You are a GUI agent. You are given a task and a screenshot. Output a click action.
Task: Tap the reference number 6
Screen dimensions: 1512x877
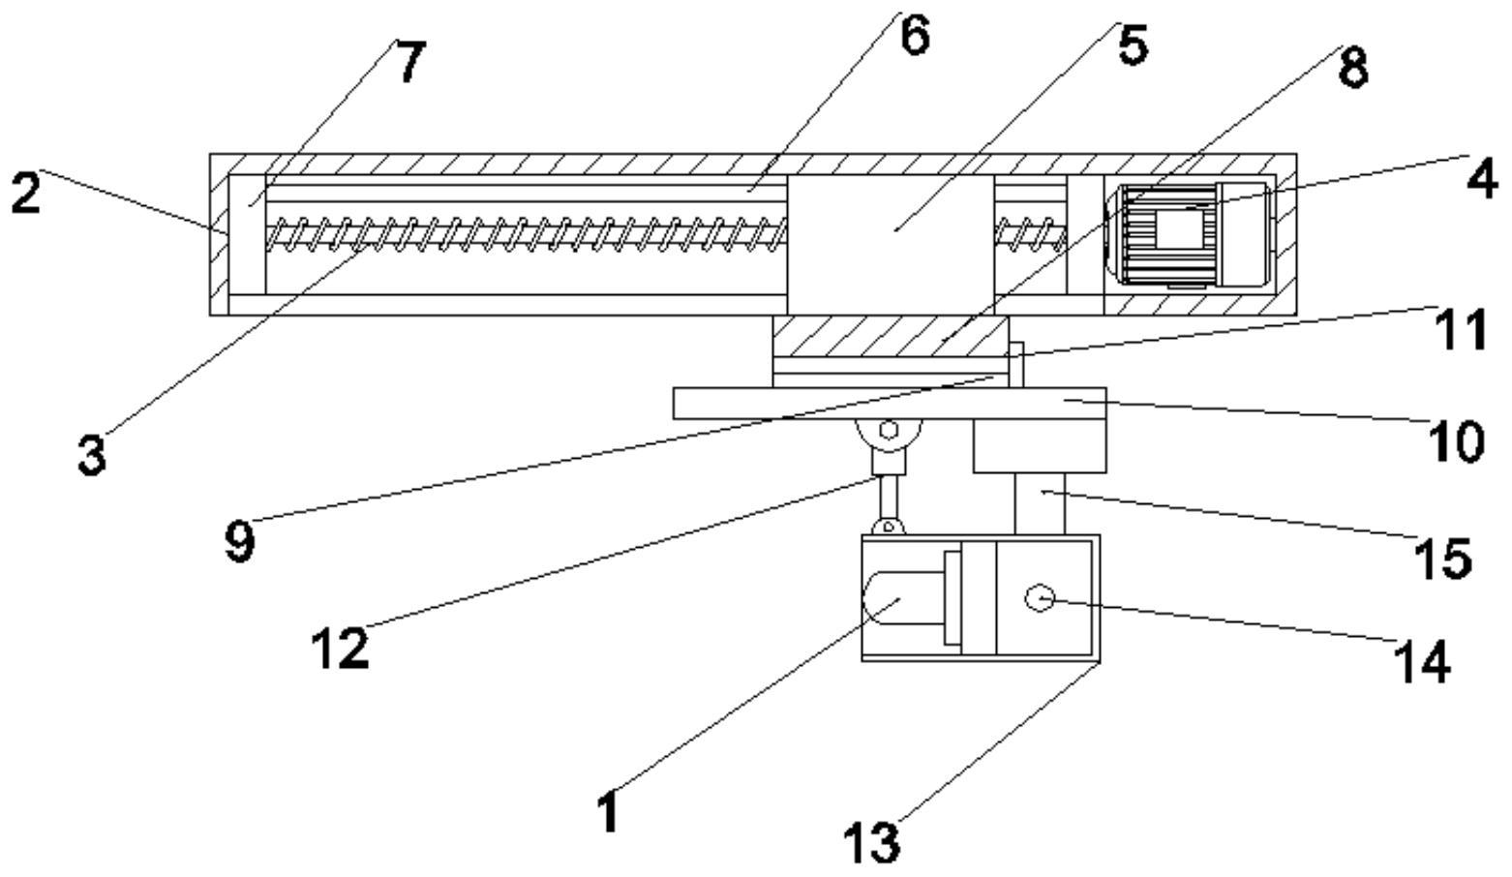[915, 35]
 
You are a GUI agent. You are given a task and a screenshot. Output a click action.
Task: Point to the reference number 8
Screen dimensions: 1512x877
[1353, 68]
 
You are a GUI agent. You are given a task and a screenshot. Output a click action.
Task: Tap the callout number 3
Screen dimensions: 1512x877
[92, 455]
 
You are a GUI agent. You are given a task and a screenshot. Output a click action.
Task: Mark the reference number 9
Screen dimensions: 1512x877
[240, 541]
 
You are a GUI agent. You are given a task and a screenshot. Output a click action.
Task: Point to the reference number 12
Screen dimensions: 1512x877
[340, 649]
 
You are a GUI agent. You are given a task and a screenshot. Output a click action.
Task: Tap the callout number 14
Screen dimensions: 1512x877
[1422, 662]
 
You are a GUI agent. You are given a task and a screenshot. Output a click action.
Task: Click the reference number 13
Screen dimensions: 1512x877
[872, 842]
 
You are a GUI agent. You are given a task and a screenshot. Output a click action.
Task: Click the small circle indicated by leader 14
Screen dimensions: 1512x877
[1040, 598]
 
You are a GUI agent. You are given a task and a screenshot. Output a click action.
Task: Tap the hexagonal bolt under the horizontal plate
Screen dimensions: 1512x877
[889, 430]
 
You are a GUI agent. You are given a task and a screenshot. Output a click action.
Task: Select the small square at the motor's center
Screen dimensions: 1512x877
[1180, 228]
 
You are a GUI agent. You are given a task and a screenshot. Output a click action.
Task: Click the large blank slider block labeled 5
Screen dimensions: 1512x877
[891, 244]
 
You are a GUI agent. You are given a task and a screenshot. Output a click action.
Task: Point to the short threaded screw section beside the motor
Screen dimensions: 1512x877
[1031, 233]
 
